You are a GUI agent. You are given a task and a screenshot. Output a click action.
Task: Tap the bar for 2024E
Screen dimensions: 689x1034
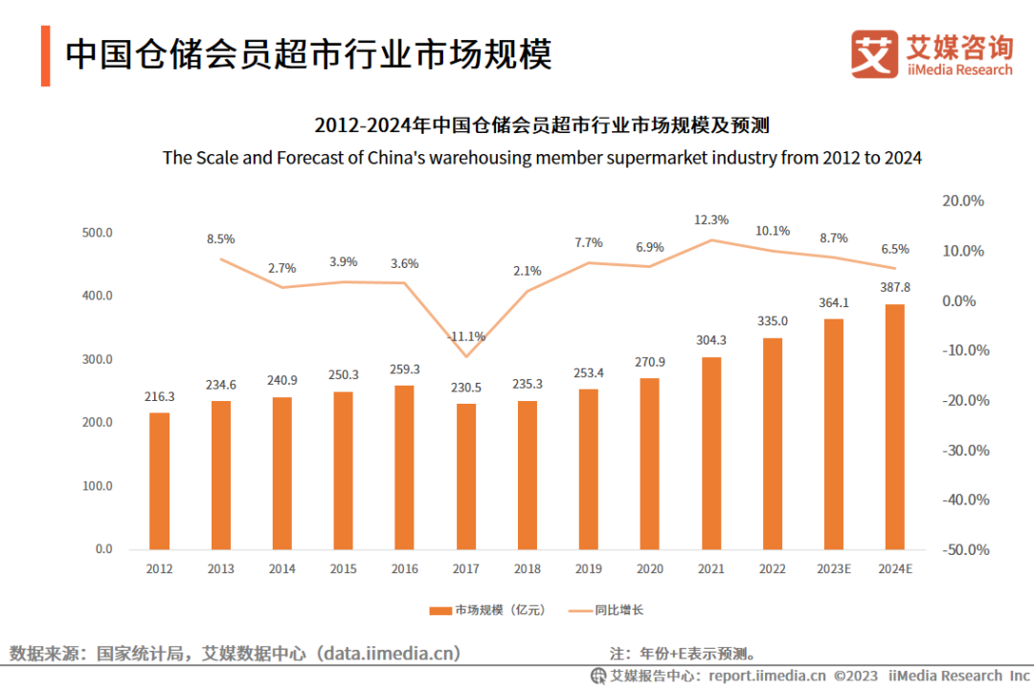[x=894, y=427]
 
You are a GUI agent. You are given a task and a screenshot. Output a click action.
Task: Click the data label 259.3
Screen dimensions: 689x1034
[x=404, y=368]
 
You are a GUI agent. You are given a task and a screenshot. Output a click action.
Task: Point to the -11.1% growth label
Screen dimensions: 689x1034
[x=466, y=336]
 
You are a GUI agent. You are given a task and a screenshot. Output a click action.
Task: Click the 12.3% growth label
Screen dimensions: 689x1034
[x=710, y=220]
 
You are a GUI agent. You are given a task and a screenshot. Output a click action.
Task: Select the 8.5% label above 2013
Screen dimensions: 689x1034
[x=220, y=239]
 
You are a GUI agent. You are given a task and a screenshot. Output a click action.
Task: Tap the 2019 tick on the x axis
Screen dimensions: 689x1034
[x=588, y=568]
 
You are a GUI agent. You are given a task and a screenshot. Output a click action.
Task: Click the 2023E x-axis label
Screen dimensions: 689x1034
[x=833, y=568]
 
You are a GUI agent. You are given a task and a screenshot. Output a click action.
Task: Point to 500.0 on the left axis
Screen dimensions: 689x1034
[x=98, y=233]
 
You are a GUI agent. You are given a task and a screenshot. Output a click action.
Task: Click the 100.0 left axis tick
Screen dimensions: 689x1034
[x=98, y=486]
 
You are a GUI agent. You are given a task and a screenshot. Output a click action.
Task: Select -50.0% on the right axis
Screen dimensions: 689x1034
[x=964, y=549]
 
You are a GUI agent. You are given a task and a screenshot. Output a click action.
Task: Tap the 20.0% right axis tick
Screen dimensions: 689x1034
[x=964, y=201]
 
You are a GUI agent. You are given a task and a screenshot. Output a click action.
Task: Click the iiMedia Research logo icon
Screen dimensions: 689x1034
[x=874, y=55]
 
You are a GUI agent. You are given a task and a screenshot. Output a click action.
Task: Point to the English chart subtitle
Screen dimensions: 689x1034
[x=542, y=158]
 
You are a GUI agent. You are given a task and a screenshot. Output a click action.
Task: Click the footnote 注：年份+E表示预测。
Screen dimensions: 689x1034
[x=684, y=655]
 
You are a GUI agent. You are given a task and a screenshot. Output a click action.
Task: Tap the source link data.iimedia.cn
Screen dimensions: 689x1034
[x=391, y=654]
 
